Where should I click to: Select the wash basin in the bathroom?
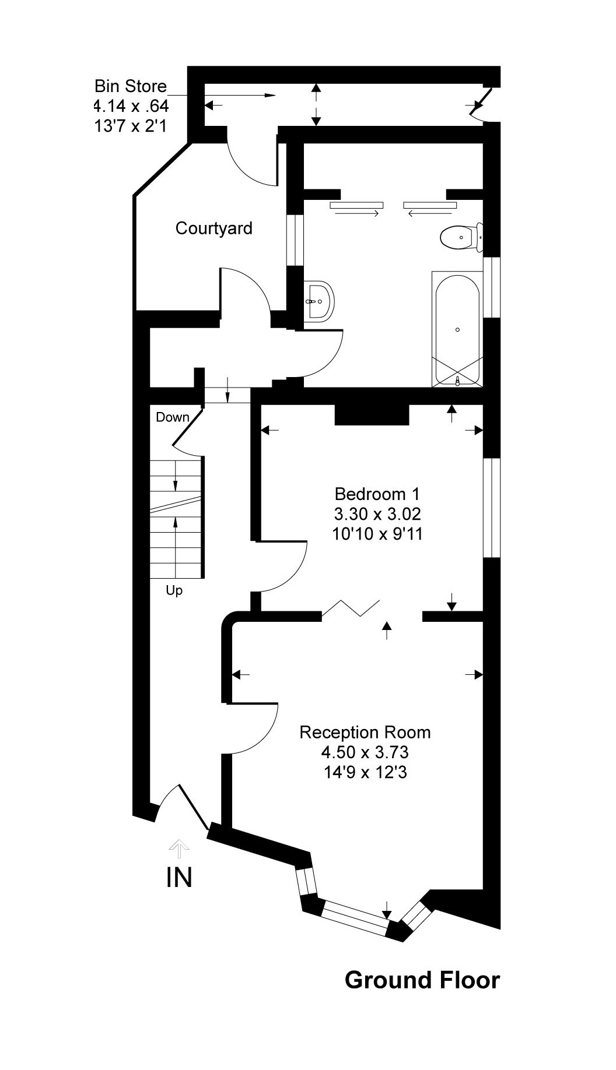[x=318, y=301]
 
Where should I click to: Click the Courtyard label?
[x=213, y=228]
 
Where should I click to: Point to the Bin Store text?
[x=131, y=86]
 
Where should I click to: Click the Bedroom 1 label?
[x=377, y=494]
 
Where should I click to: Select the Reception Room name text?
[x=365, y=733]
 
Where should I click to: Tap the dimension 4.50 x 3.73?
[x=365, y=752]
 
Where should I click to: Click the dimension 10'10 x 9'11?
[x=377, y=534]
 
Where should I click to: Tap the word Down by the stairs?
[x=172, y=417]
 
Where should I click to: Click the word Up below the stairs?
[x=174, y=590]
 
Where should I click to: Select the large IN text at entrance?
[x=179, y=877]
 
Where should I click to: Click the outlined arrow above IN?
[x=179, y=848]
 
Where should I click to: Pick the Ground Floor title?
[x=422, y=980]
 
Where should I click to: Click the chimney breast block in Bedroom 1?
[x=372, y=416]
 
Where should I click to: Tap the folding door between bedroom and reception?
[x=351, y=607]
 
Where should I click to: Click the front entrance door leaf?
[x=194, y=807]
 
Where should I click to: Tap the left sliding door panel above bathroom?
[x=356, y=205]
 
